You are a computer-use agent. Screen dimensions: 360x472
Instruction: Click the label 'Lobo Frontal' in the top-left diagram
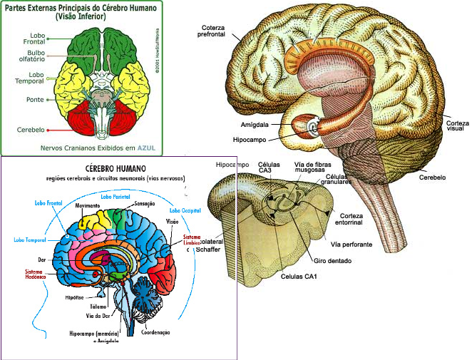click(x=32, y=37)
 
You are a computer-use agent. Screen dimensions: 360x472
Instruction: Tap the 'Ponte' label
click(x=34, y=99)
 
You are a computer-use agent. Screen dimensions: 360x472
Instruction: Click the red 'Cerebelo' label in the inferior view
click(x=30, y=130)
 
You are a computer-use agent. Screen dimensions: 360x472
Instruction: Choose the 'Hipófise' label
click(x=76, y=297)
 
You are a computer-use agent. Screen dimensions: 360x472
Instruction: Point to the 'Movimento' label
click(x=87, y=205)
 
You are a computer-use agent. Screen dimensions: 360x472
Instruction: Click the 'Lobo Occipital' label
click(x=185, y=211)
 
